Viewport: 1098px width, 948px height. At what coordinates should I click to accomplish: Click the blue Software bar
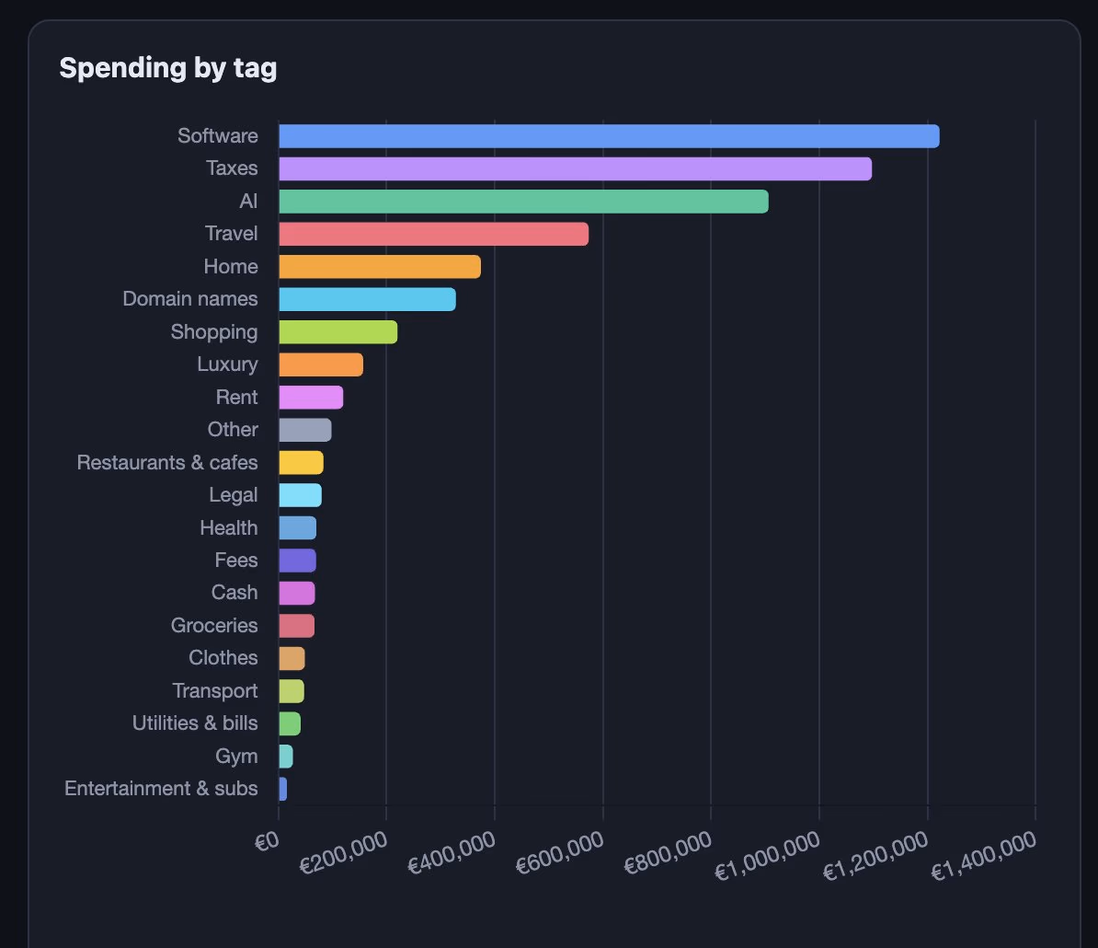(609, 136)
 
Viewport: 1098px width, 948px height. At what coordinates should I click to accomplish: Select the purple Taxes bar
(576, 168)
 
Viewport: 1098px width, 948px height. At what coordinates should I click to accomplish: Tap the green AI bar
(524, 201)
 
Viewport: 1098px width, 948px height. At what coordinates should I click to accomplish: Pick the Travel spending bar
(433, 234)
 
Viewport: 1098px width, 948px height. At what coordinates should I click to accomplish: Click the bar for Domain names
(368, 299)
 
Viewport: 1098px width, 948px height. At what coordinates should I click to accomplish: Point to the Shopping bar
(338, 332)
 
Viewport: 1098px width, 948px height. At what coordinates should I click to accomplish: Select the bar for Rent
(311, 398)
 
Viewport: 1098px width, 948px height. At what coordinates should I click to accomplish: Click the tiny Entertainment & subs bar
(283, 789)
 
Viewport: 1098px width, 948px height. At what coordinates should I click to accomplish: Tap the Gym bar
(286, 756)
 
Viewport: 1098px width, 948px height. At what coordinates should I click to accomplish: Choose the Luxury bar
(321, 364)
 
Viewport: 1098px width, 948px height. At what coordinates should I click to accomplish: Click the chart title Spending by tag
(168, 69)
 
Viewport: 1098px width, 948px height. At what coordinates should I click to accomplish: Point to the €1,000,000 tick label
(767, 856)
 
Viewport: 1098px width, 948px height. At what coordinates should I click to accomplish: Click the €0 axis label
(267, 841)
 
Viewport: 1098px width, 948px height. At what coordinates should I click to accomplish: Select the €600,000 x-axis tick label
(559, 852)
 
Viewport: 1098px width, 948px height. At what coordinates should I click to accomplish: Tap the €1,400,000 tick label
(983, 856)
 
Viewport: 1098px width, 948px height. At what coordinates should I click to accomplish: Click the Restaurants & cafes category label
(167, 462)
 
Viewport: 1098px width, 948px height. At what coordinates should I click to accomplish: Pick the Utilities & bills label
(195, 723)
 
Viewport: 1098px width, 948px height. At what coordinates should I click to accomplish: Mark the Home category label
(231, 266)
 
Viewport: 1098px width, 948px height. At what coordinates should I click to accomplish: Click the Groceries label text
(214, 625)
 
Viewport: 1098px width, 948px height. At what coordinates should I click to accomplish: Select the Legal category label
(234, 495)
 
